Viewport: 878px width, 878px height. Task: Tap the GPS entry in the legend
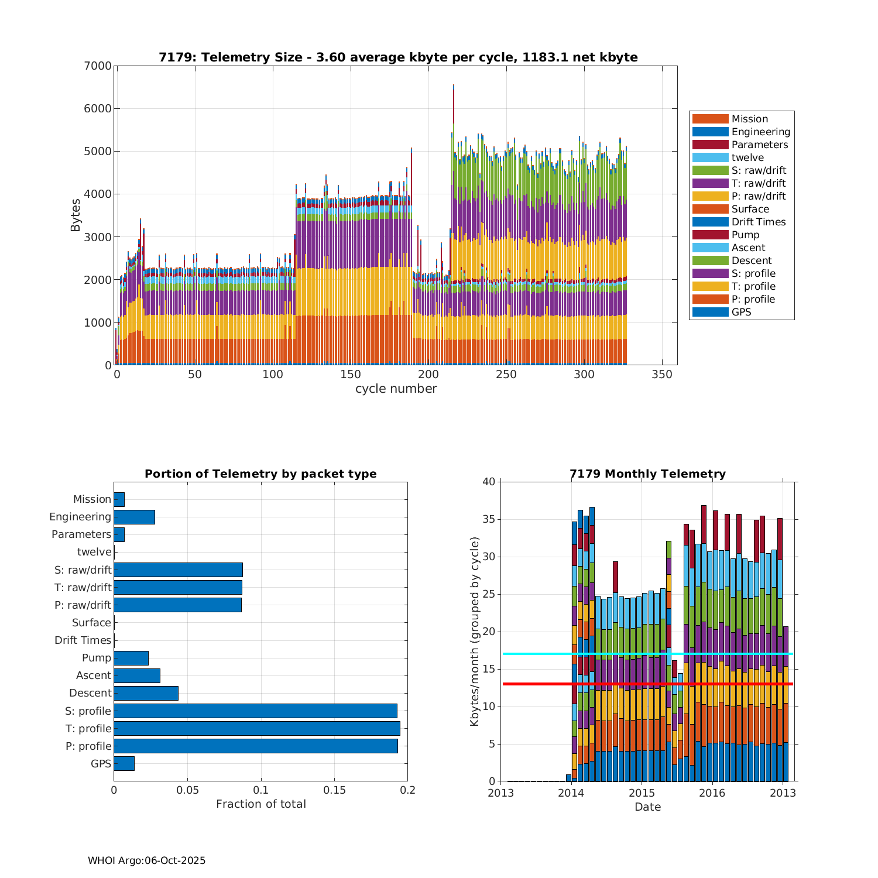coord(741,312)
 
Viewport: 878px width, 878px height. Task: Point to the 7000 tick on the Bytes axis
coord(100,66)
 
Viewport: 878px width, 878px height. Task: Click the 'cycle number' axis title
coord(396,389)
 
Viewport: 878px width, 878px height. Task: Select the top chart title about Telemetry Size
coord(398,57)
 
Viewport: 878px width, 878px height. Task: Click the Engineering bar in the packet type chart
coord(134,517)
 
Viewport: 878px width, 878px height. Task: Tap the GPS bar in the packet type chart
coord(124,763)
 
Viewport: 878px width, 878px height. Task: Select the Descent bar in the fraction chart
coord(146,693)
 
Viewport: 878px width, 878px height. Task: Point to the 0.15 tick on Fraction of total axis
coord(334,790)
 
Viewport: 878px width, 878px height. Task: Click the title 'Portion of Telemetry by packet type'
coord(260,474)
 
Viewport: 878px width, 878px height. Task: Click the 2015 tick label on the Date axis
coord(642,793)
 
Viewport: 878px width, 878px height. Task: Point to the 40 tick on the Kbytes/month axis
coord(489,482)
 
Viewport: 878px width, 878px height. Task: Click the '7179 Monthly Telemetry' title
coord(647,474)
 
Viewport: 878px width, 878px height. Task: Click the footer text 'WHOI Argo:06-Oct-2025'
coord(146,860)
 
